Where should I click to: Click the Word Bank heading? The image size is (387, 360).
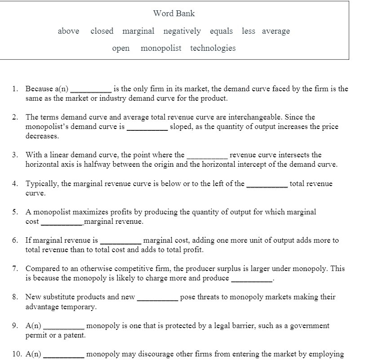point(174,13)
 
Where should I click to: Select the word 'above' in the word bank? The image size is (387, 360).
point(68,31)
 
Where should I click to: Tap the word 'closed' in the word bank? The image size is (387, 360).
point(102,31)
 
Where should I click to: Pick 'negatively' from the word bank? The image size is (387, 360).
point(182,31)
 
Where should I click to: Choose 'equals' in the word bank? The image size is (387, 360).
point(221,31)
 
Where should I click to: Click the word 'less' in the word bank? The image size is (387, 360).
point(248,31)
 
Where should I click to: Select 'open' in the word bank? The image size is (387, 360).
point(121,48)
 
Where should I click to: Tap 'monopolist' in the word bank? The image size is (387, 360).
point(161,48)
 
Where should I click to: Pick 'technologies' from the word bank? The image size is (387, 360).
point(213,48)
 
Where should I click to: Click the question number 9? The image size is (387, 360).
point(15,325)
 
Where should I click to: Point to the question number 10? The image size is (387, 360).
point(17,354)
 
